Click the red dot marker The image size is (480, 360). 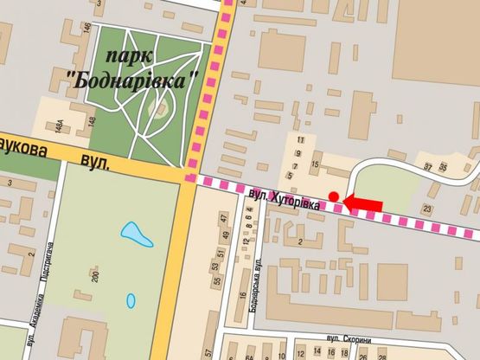[334, 196]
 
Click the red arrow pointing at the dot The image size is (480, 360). [362, 202]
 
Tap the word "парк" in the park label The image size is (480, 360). [132, 55]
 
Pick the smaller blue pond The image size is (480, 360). [131, 301]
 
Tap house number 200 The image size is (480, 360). [95, 278]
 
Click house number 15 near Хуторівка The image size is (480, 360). [316, 165]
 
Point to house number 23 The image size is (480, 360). [426, 209]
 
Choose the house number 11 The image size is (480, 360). [300, 140]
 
